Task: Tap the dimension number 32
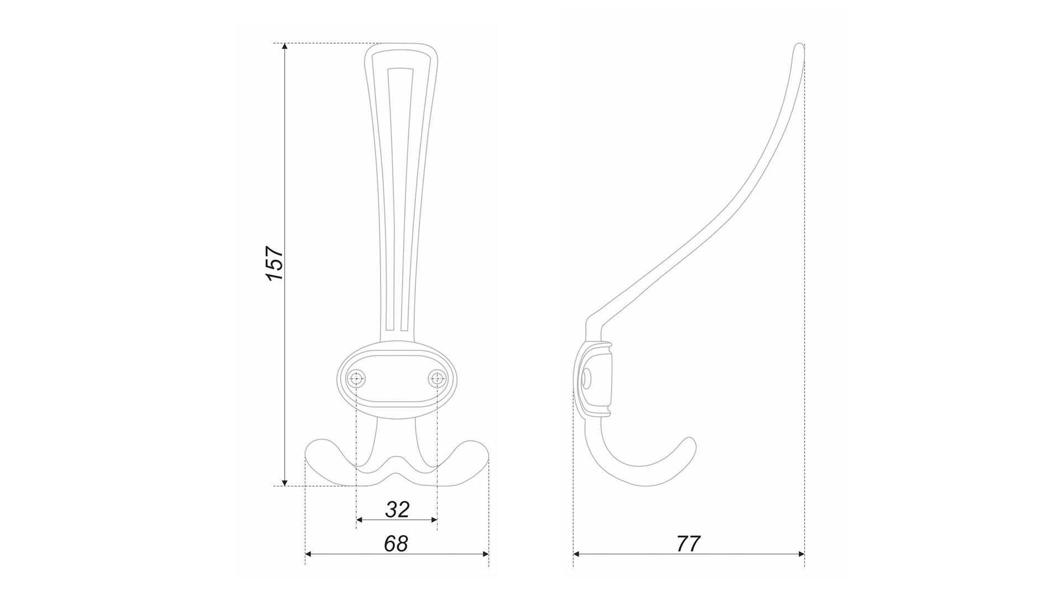point(397,509)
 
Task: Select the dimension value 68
point(396,543)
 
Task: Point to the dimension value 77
point(689,543)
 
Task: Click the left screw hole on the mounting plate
point(356,379)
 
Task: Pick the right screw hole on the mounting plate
point(438,379)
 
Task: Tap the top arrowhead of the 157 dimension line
point(285,48)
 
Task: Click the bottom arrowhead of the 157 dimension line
point(285,481)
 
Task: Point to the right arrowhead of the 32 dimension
point(433,520)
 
